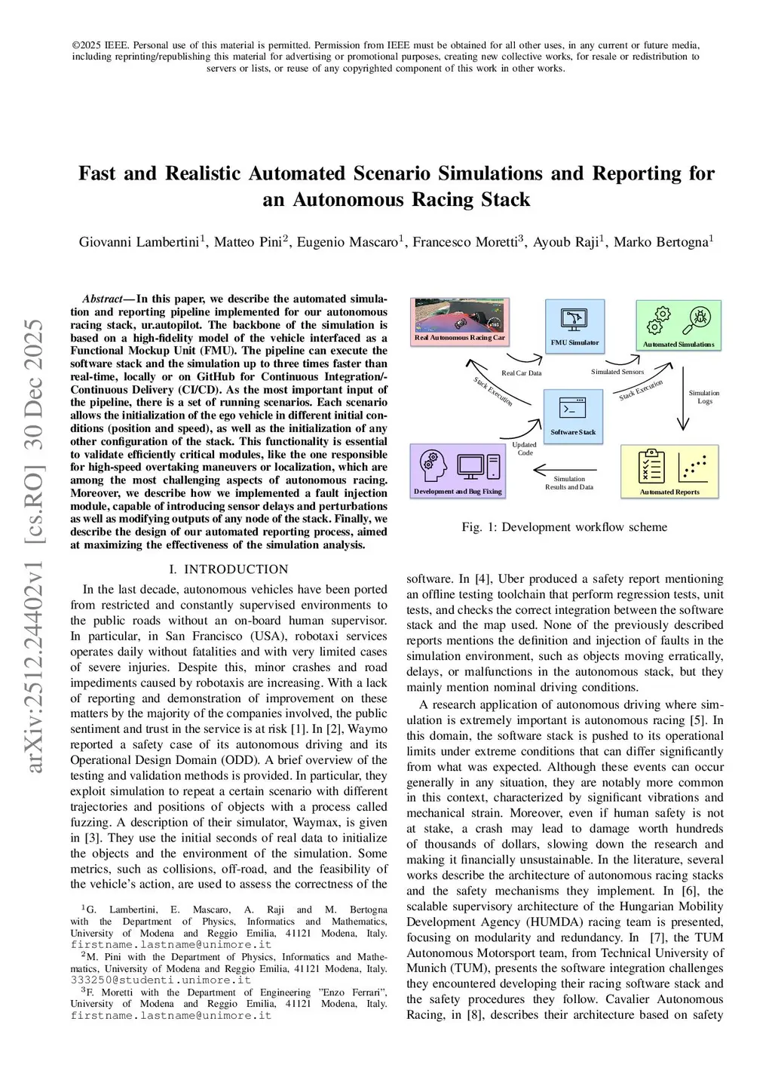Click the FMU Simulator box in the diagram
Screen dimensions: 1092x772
(x=574, y=326)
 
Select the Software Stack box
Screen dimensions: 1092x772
(x=573, y=415)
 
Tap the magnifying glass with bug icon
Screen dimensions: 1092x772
(x=700, y=320)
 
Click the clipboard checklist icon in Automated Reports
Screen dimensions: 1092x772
(x=651, y=467)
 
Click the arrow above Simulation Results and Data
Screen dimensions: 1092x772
(x=565, y=470)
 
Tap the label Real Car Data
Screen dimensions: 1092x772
(x=521, y=373)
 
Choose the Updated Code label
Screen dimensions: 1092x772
(x=525, y=449)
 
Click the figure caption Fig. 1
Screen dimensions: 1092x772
(x=564, y=527)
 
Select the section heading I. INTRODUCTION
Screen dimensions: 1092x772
(x=228, y=569)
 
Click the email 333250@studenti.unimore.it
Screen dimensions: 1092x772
(x=161, y=980)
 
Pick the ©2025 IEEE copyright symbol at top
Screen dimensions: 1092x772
(x=76, y=45)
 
